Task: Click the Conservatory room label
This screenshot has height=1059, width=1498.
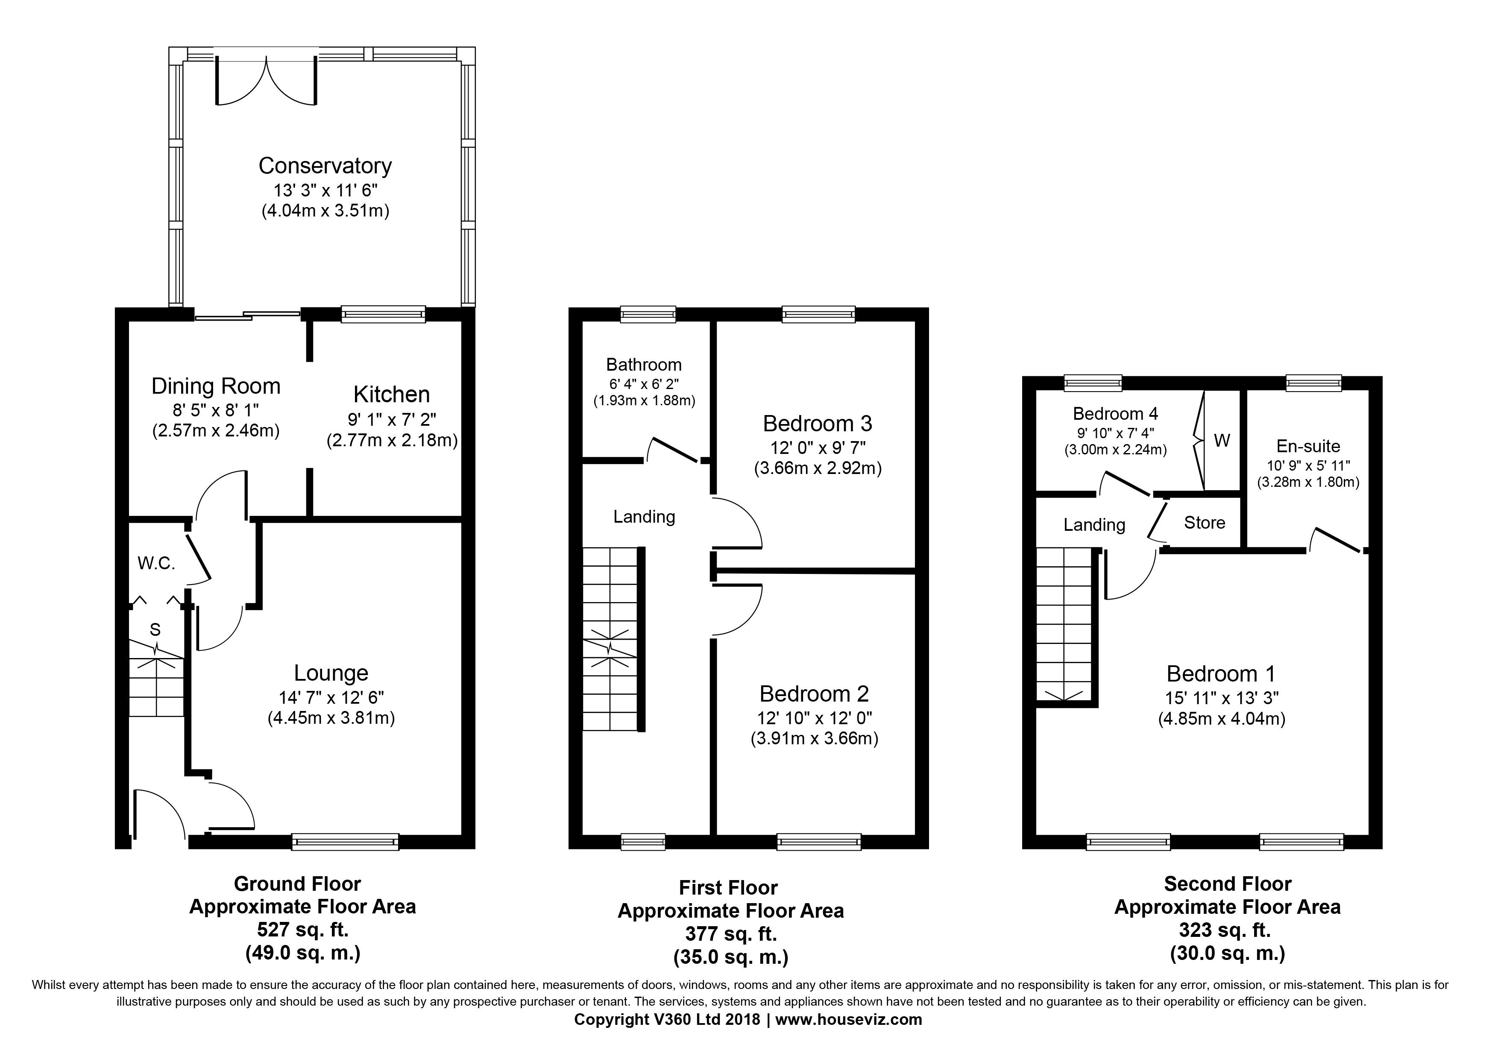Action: pyautogui.click(x=325, y=166)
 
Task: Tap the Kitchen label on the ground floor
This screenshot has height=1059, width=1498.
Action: pyautogui.click(x=391, y=395)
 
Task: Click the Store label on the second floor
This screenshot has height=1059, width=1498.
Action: pyautogui.click(x=1205, y=523)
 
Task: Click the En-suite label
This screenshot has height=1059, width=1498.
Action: pyautogui.click(x=1308, y=446)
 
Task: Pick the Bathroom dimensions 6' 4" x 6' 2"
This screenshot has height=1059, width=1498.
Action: pyautogui.click(x=644, y=383)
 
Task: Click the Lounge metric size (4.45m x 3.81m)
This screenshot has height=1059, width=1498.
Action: pyautogui.click(x=331, y=718)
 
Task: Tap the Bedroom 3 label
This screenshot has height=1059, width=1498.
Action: pyautogui.click(x=818, y=424)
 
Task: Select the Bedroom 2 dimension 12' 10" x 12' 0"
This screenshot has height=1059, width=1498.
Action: pyautogui.click(x=815, y=718)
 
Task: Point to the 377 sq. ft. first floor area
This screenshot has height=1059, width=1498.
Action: pyautogui.click(x=731, y=934)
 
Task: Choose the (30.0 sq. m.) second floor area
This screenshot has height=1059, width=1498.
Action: pyautogui.click(x=1227, y=954)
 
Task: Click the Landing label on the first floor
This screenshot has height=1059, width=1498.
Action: pyautogui.click(x=644, y=517)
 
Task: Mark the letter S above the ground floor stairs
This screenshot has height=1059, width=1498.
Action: pyautogui.click(x=155, y=629)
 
